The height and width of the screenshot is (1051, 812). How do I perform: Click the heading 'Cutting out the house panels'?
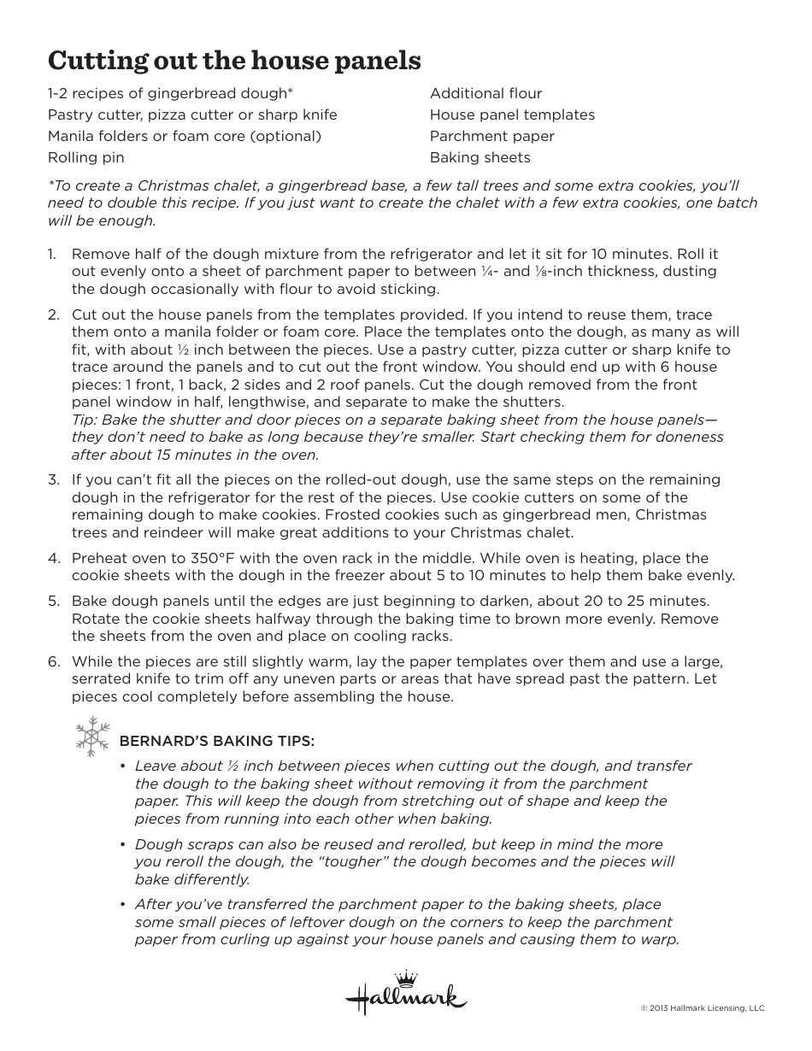234,61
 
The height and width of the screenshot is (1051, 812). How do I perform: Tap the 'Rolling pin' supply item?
85,157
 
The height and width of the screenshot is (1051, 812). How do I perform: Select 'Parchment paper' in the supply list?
491,136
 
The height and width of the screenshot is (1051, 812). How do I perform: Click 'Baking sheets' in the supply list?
480,157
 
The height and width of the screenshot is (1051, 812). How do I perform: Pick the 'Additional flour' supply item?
485,93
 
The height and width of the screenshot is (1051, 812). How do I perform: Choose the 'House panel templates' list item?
512,114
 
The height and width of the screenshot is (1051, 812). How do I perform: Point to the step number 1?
51,254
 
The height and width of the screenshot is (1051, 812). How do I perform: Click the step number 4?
53,558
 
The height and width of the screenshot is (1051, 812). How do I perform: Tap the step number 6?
53,661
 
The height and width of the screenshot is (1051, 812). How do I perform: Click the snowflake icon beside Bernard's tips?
93,737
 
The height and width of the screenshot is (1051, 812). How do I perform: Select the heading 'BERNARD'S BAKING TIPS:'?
217,740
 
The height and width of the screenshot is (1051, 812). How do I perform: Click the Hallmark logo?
406,995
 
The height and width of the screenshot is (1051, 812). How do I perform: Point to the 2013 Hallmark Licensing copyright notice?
702,1008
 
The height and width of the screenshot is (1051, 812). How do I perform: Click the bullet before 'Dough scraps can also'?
124,844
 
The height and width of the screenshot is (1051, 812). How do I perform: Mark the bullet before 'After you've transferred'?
124,905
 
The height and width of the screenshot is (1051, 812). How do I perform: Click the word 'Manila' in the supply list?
70,136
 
